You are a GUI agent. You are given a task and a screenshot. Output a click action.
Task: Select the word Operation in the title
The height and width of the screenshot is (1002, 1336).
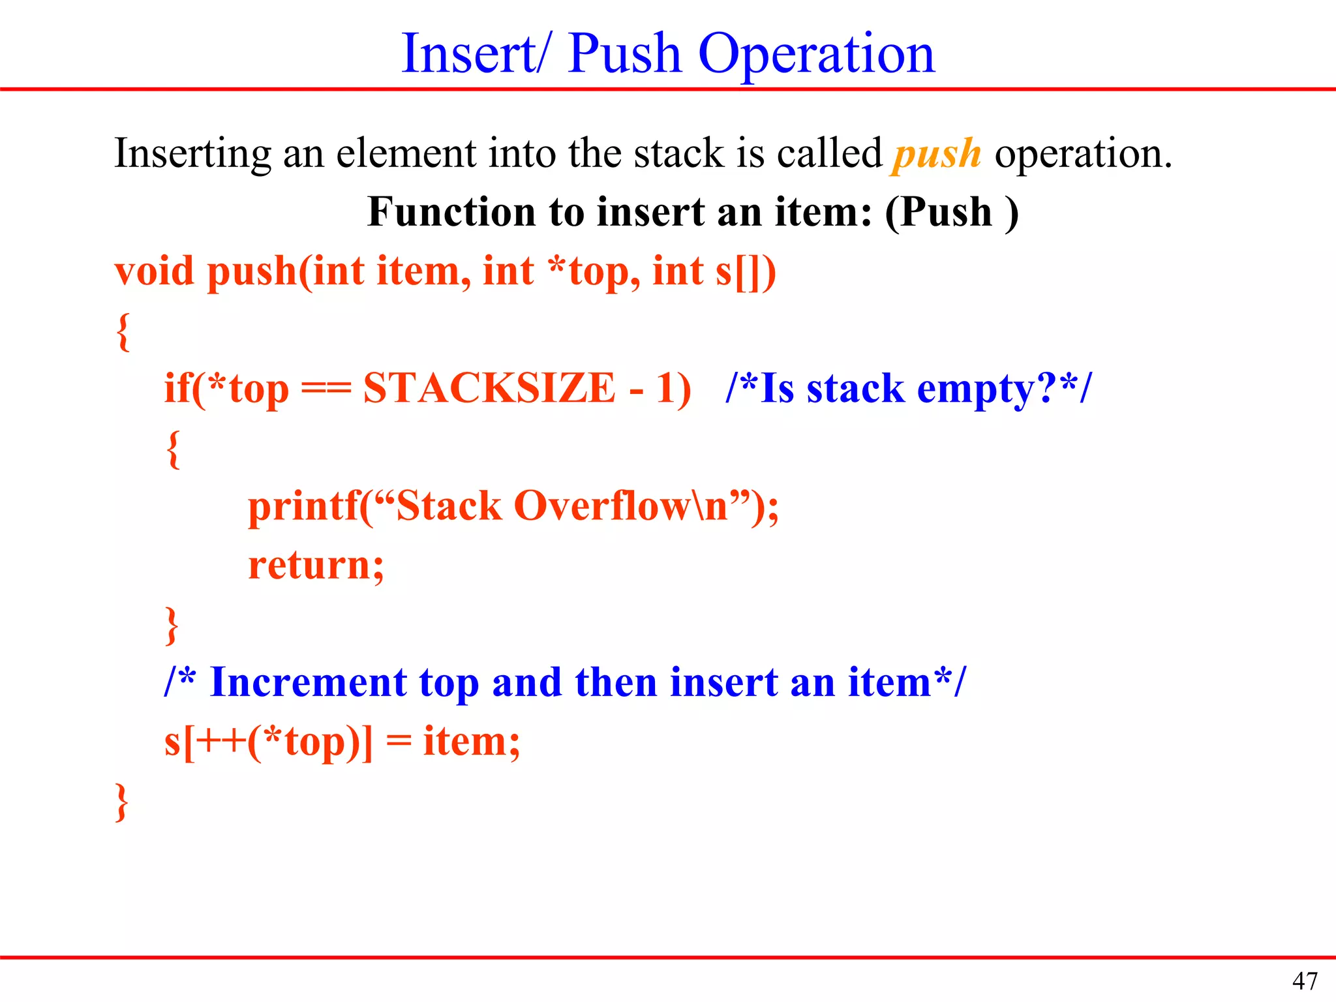[x=816, y=55]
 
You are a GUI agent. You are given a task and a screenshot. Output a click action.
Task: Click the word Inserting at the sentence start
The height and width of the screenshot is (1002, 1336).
[x=192, y=154]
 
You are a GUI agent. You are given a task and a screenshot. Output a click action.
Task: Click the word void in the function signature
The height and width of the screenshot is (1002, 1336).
[x=154, y=271]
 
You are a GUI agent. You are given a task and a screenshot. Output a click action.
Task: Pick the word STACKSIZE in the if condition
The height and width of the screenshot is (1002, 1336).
[x=489, y=388]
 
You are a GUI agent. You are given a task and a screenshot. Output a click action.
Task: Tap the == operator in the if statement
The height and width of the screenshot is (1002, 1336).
[x=326, y=389]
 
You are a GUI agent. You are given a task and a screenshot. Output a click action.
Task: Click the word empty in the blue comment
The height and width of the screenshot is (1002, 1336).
[x=975, y=389]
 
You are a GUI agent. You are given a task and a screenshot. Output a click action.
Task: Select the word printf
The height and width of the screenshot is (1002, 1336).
[x=303, y=506]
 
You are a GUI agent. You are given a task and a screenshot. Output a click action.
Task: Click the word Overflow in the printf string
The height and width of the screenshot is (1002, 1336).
[x=600, y=506]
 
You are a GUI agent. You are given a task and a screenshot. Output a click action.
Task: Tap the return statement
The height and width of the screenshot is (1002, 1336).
[x=316, y=565]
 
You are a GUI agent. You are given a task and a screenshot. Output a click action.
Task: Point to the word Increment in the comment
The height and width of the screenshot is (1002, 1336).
[x=307, y=682]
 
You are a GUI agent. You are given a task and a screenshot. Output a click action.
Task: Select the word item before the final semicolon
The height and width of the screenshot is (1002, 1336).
[x=464, y=742]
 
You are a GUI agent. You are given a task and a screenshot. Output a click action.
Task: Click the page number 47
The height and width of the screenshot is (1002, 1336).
[x=1305, y=980]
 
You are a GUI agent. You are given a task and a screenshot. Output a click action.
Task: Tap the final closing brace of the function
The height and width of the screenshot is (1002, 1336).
[x=121, y=802]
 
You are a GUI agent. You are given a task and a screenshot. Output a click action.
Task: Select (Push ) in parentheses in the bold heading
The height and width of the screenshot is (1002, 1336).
[x=951, y=213]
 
